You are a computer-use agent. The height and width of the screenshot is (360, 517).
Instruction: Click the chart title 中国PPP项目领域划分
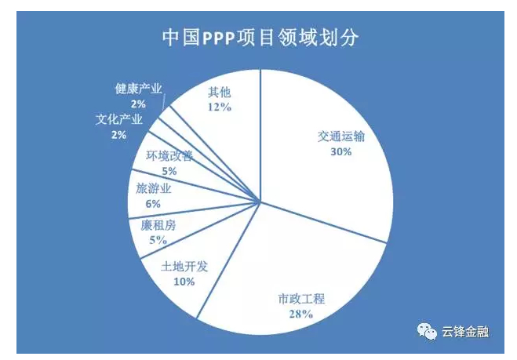260,38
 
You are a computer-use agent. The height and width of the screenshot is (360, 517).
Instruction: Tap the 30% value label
340,152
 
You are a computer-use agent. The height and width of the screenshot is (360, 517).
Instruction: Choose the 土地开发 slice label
184,267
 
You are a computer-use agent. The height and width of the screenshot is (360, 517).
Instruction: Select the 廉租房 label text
158,226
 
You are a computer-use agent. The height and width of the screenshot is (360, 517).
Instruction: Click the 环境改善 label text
169,155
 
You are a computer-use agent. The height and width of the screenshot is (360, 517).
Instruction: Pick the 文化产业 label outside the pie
118,120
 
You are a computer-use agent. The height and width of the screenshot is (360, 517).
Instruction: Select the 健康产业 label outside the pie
138,89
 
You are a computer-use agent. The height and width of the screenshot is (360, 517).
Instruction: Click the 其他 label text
220,92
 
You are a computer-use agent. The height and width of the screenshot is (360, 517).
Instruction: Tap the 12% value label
220,107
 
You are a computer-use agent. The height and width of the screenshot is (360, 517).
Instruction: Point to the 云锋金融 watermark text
465,332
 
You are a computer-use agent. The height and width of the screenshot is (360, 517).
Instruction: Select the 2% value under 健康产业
138,104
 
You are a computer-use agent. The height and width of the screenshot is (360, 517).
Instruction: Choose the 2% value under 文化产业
118,135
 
